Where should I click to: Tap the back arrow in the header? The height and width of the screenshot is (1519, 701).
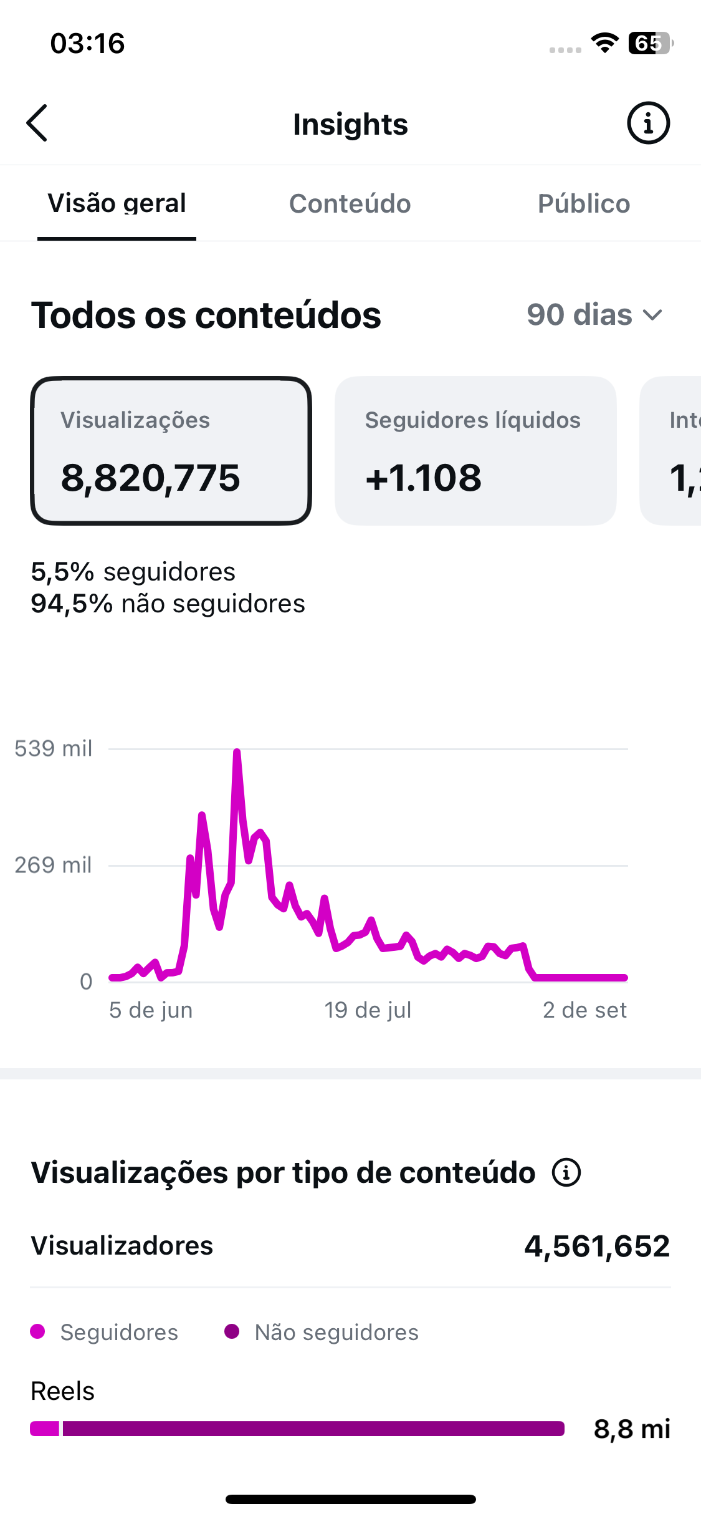click(37, 123)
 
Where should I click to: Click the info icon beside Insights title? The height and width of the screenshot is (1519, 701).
click(648, 123)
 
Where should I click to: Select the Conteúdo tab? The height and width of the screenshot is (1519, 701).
click(350, 204)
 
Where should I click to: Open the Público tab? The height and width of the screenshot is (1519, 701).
click(584, 204)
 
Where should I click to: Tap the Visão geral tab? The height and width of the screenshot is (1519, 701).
click(117, 204)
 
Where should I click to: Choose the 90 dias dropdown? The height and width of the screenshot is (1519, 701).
click(594, 315)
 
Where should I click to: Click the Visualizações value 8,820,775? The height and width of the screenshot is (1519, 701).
click(151, 478)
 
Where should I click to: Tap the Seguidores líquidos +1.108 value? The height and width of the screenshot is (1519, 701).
click(424, 478)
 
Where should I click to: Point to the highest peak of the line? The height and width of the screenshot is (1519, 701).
click(237, 751)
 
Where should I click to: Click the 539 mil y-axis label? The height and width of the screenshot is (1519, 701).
click(54, 748)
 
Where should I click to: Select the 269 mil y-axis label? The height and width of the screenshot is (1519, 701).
click(54, 865)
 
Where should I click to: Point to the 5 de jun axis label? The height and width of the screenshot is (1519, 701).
click(151, 1010)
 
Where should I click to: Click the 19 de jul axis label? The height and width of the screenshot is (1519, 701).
click(368, 1010)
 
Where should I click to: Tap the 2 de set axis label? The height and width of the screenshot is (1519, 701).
click(584, 1010)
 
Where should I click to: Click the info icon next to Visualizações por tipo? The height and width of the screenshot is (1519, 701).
click(566, 1173)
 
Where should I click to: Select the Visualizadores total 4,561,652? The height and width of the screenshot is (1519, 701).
click(597, 1247)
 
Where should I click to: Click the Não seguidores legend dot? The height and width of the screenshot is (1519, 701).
click(232, 1331)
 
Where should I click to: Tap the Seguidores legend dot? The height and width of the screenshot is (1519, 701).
click(37, 1331)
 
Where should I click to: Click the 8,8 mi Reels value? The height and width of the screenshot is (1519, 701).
click(632, 1429)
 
